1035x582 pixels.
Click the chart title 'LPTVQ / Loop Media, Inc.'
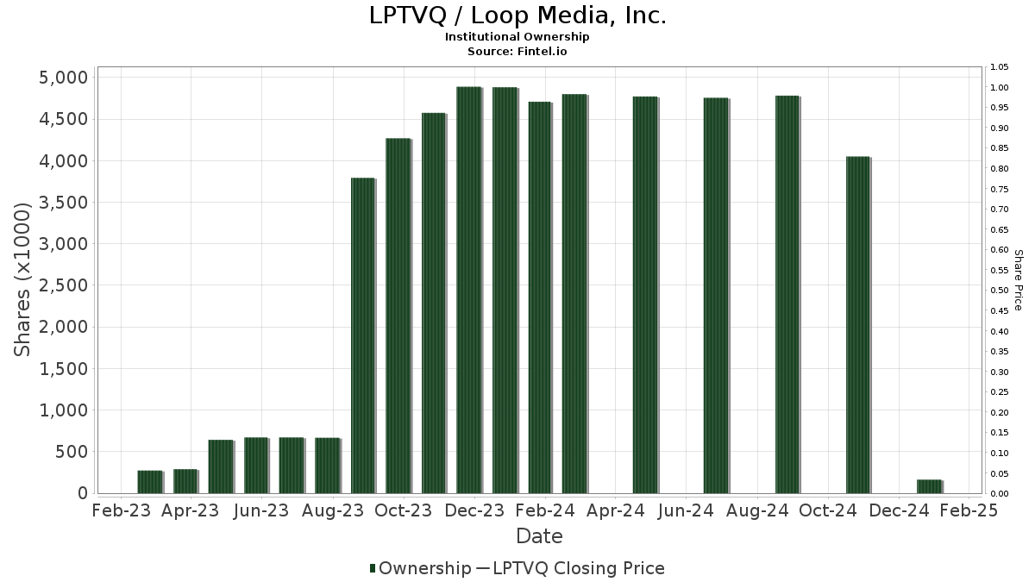(x=517, y=16)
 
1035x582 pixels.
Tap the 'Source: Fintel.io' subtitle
(x=517, y=51)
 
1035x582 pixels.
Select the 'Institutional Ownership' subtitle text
(x=517, y=37)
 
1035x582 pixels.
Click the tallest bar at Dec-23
(x=468, y=290)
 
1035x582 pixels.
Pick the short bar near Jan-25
(x=929, y=486)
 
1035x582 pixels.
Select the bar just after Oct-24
(x=857, y=324)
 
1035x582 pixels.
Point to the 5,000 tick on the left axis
(x=65, y=78)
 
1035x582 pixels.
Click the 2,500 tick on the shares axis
(x=65, y=285)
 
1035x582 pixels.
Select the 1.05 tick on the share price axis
(x=1000, y=67)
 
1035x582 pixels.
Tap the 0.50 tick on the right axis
(x=1000, y=291)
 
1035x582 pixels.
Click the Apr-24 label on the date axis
(x=617, y=510)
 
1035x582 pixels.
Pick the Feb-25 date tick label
(x=969, y=510)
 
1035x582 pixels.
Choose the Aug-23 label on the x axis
(x=334, y=510)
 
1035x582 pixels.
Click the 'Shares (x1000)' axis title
(x=23, y=279)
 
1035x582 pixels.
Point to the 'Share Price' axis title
(x=1019, y=279)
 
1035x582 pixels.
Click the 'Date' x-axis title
(x=539, y=536)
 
